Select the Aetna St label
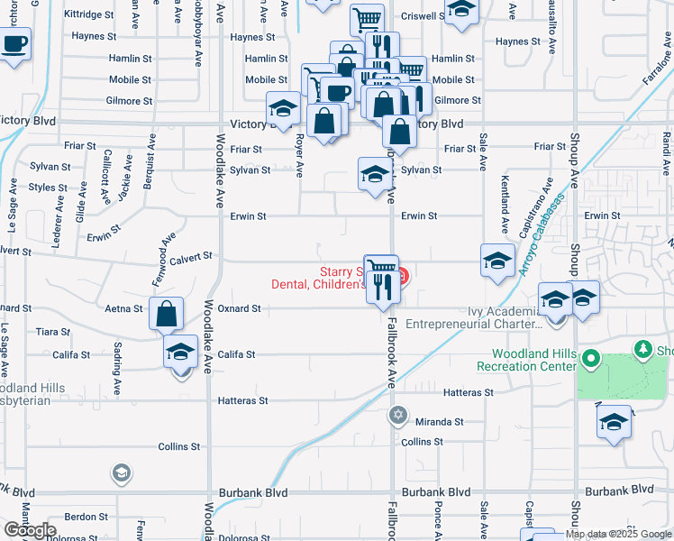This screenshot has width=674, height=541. click(x=125, y=308)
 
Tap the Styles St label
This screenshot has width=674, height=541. click(x=49, y=188)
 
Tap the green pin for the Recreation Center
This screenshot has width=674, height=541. click(x=591, y=359)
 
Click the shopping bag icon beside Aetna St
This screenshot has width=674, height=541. click(x=167, y=314)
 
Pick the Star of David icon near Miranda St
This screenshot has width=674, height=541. click(x=397, y=416)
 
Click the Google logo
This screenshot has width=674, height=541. click(x=31, y=530)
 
